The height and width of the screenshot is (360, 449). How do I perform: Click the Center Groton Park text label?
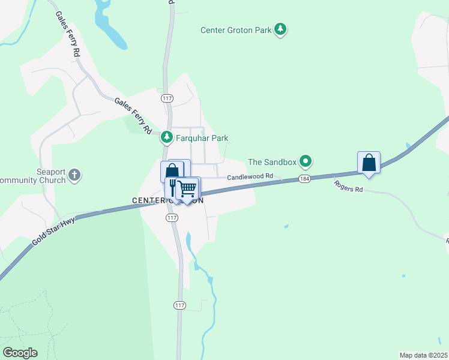236,29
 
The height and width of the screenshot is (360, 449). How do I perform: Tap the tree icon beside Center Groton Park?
280,29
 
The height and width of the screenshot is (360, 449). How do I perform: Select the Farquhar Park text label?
201,138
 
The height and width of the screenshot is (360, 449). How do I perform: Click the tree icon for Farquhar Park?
166,138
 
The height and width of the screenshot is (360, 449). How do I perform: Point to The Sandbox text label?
273,161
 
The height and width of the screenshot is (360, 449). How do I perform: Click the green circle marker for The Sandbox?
306,161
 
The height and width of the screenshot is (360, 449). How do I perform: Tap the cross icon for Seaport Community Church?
74,176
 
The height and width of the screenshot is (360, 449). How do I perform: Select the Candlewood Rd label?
250,176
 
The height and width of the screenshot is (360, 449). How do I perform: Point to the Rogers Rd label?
349,186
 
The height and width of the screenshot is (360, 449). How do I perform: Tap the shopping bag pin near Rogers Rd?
369,163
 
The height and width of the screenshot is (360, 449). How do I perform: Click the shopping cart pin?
188,189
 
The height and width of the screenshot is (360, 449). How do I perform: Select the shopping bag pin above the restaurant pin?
172,170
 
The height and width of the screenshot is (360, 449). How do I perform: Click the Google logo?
20,353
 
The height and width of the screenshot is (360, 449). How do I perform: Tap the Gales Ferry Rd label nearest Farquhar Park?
133,116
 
